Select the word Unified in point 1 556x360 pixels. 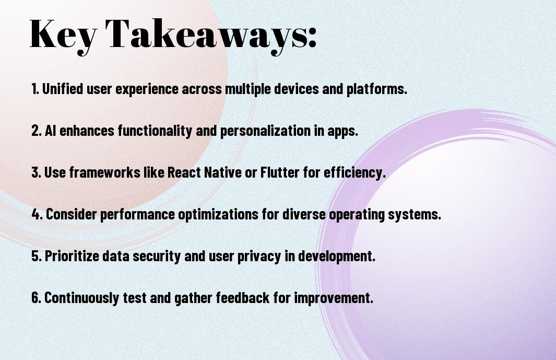coord(63,88)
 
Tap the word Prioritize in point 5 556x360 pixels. coord(72,256)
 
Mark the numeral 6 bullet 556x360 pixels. coord(37,297)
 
